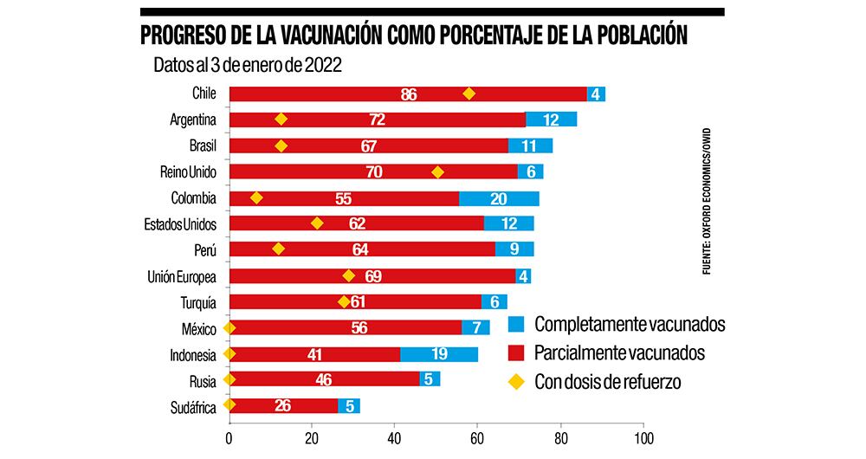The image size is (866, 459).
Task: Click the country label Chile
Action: tap(204, 94)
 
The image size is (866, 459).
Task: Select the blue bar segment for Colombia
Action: tap(499, 198)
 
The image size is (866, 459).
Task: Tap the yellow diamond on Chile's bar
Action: tap(469, 94)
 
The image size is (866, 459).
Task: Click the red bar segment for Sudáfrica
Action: tap(283, 405)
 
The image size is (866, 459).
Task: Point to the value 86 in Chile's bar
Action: tap(410, 94)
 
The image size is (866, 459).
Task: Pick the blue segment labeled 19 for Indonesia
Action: tap(439, 353)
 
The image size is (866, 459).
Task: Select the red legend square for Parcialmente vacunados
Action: tap(516, 353)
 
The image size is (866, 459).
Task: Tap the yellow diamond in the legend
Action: tap(516, 382)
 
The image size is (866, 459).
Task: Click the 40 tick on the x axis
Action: tap(395, 438)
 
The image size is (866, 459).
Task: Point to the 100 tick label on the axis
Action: tap(644, 438)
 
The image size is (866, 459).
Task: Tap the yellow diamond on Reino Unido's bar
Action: tap(437, 171)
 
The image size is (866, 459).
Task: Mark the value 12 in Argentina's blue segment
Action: tap(551, 120)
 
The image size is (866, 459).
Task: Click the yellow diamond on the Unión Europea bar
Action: tap(349, 275)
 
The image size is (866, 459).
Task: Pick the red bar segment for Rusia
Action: tap(325, 379)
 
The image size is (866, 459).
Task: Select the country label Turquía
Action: tap(197, 302)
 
